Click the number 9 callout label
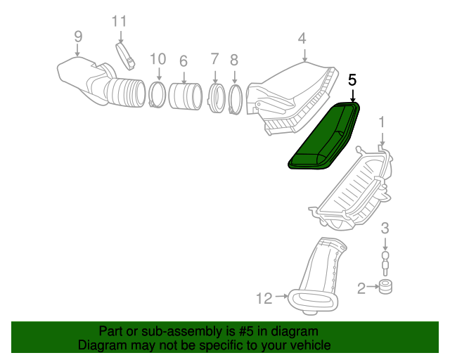pyautogui.click(x=77, y=37)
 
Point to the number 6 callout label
pyautogui.click(x=183, y=61)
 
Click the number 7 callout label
pyautogui.click(x=215, y=59)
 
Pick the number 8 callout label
pyautogui.click(x=233, y=60)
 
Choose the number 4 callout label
pyautogui.click(x=302, y=38)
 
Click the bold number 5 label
pyautogui.click(x=352, y=80)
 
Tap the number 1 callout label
pyautogui.click(x=382, y=123)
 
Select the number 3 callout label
pyautogui.click(x=385, y=227)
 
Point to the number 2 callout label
pyautogui.click(x=361, y=288)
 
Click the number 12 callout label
pyautogui.click(x=264, y=299)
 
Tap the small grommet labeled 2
pyautogui.click(x=385, y=287)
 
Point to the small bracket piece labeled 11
pyautogui.click(x=126, y=56)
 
